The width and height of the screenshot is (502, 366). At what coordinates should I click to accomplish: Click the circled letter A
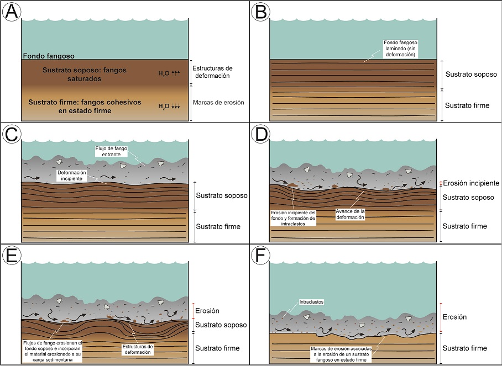pos(12,12)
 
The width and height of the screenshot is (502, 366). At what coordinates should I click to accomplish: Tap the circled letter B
pos(261,12)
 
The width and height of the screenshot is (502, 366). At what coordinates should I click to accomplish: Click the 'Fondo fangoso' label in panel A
pos(49,56)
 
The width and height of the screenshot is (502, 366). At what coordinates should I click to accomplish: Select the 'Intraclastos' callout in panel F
pos(311,303)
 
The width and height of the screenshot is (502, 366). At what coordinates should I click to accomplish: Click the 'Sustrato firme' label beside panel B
pos(467,105)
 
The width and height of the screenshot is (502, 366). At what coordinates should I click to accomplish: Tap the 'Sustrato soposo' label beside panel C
pos(217,195)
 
